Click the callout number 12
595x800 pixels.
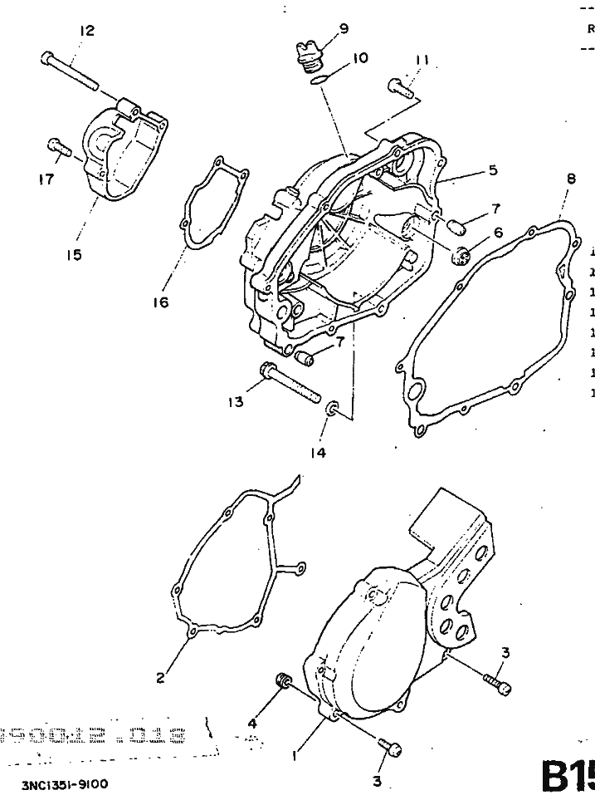(x=86, y=31)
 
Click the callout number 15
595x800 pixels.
(x=75, y=255)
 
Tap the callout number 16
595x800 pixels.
(x=160, y=302)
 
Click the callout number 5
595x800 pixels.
(x=493, y=170)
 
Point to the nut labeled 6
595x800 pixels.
(x=463, y=254)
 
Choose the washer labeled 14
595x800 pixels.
(x=333, y=408)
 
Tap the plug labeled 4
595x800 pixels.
(x=283, y=683)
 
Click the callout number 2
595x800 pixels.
(x=161, y=677)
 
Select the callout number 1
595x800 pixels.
(x=293, y=755)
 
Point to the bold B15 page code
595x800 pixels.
(x=568, y=777)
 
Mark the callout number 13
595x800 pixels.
(x=236, y=402)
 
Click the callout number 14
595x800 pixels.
(x=318, y=453)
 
